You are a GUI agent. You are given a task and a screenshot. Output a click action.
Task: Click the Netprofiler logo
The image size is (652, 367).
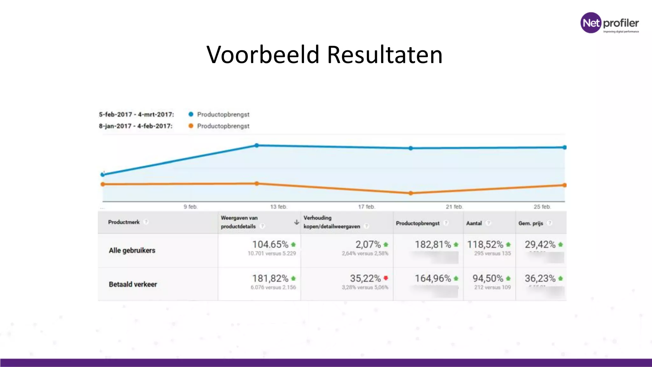click(x=609, y=23)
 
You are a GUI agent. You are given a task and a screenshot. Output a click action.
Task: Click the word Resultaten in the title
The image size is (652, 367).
click(x=385, y=55)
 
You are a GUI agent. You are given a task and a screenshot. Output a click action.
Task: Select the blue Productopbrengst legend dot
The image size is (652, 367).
click(x=191, y=114)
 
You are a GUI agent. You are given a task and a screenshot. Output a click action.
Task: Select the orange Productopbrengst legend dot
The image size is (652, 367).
click(x=191, y=126)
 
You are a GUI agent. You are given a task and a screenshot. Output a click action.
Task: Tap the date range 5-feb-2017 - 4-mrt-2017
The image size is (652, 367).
click(x=136, y=114)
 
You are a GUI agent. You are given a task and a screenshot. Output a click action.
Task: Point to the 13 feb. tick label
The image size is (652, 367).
click(x=279, y=207)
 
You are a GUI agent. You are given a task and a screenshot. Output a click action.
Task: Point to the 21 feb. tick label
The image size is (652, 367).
click(x=454, y=207)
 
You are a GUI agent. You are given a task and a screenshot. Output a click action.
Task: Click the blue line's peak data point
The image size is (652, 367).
click(x=257, y=146)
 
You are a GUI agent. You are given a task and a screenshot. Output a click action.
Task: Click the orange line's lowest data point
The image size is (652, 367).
click(x=411, y=193)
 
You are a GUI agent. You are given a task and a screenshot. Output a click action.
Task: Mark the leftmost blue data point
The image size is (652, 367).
click(x=103, y=175)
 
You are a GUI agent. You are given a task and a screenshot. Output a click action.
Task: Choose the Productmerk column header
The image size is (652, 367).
click(x=124, y=222)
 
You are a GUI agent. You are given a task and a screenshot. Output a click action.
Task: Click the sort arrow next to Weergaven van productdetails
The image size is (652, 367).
click(x=296, y=222)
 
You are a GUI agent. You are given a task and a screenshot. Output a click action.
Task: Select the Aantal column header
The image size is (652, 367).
click(x=474, y=223)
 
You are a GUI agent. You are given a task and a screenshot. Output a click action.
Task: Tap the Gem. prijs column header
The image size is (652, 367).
click(x=530, y=223)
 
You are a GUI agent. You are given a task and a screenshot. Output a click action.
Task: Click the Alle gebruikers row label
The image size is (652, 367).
click(x=132, y=250)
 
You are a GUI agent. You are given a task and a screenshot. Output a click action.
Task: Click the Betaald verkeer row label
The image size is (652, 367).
click(x=133, y=284)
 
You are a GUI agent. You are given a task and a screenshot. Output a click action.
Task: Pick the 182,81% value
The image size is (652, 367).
click(x=433, y=244)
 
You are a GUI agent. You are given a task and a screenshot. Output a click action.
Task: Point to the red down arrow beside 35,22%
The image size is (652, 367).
click(x=386, y=278)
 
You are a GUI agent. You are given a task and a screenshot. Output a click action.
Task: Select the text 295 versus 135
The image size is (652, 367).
click(x=492, y=253)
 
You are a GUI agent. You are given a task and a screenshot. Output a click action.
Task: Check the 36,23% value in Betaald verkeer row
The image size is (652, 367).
click(x=540, y=278)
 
